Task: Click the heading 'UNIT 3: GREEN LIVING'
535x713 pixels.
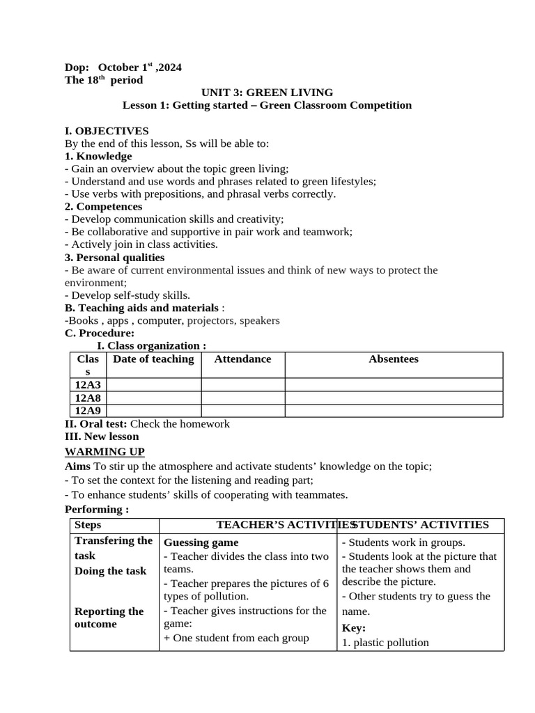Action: [267, 93]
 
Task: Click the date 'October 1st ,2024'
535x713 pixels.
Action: [139, 68]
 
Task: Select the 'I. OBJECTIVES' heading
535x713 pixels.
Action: [106, 131]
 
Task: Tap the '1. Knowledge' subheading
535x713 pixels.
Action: [98, 156]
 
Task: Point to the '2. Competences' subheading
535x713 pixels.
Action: [103, 207]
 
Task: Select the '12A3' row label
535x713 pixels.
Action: [88, 384]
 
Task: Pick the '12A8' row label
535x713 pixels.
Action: [88, 398]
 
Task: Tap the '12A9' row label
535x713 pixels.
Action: [88, 411]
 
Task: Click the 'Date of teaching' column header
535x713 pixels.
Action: [153, 359]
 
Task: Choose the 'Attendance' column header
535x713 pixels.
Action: [242, 359]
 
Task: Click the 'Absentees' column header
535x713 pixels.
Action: [394, 359]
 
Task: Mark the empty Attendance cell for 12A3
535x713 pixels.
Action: [242, 384]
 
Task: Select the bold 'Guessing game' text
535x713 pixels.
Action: [201, 542]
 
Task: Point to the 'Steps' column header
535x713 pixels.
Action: [88, 525]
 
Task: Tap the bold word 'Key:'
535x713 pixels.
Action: [353, 628]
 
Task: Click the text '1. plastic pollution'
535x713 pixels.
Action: [385, 643]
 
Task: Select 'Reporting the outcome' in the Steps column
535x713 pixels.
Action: [109, 618]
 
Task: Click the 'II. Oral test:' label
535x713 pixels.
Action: [96, 423]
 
